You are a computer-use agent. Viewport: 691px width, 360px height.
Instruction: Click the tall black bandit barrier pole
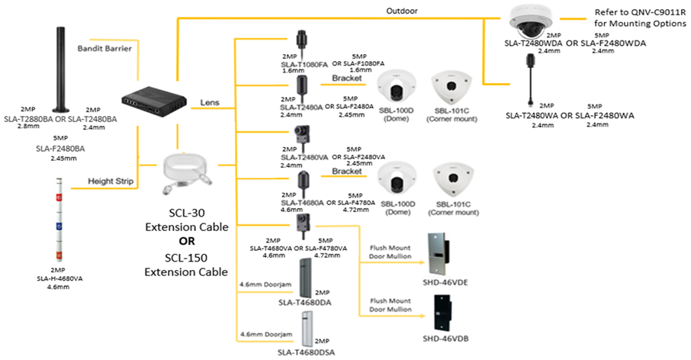tap(61, 69)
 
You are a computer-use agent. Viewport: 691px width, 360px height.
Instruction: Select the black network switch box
tap(154, 98)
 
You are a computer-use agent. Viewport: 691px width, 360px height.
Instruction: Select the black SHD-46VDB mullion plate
tap(441, 313)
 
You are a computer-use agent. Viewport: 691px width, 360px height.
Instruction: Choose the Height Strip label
tap(111, 182)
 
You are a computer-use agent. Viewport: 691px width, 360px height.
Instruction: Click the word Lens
tap(210, 102)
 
